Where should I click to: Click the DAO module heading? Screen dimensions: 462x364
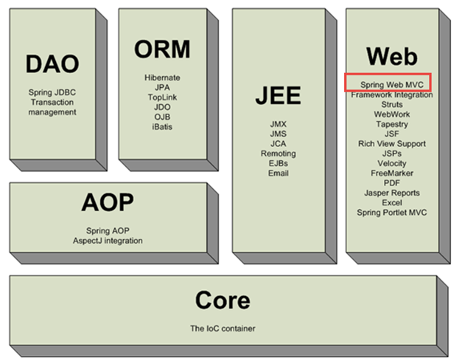click(x=52, y=63)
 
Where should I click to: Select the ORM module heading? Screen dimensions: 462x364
click(x=162, y=49)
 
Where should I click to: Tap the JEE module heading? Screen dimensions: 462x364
click(x=278, y=95)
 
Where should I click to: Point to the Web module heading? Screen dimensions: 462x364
click(x=392, y=56)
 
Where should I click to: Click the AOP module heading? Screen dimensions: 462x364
click(x=108, y=202)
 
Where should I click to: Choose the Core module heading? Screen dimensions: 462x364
click(x=223, y=301)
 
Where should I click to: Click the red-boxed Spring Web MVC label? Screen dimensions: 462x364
click(x=392, y=85)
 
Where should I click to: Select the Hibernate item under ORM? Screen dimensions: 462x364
click(x=162, y=78)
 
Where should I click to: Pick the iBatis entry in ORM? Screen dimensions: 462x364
click(x=162, y=127)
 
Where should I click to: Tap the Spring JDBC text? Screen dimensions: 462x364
click(x=52, y=92)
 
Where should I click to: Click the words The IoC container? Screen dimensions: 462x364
click(x=223, y=329)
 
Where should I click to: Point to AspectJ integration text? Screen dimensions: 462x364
click(x=108, y=241)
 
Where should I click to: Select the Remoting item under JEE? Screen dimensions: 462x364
click(x=279, y=154)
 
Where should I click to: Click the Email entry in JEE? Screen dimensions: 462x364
click(x=279, y=173)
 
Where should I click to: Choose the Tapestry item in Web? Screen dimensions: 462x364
click(x=392, y=124)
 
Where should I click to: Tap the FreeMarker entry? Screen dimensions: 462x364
click(x=392, y=173)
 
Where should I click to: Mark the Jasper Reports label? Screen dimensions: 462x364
click(x=392, y=193)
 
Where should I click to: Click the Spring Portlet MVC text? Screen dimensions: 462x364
click(x=392, y=213)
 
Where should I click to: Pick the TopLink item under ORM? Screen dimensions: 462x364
click(x=162, y=97)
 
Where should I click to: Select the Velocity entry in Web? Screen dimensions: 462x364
click(x=392, y=163)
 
